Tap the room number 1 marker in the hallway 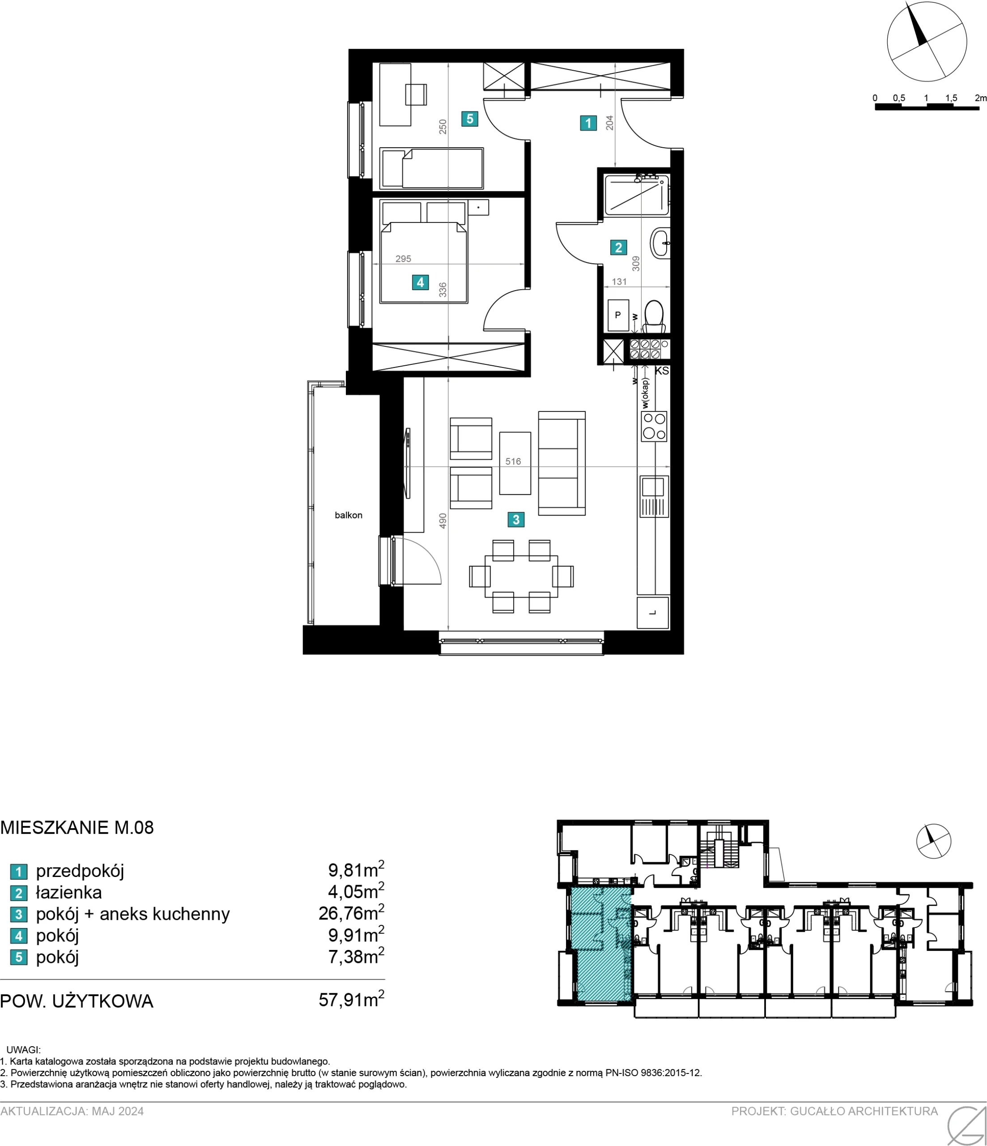588,123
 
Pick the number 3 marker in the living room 516,519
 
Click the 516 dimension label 513,461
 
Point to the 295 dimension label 403,258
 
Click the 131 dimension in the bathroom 619,282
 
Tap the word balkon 349,515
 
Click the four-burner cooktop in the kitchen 654,427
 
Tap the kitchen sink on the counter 654,496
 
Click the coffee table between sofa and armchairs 515,463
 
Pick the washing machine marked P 618,315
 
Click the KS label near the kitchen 662,371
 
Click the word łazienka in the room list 69,892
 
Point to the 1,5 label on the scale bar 951,98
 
